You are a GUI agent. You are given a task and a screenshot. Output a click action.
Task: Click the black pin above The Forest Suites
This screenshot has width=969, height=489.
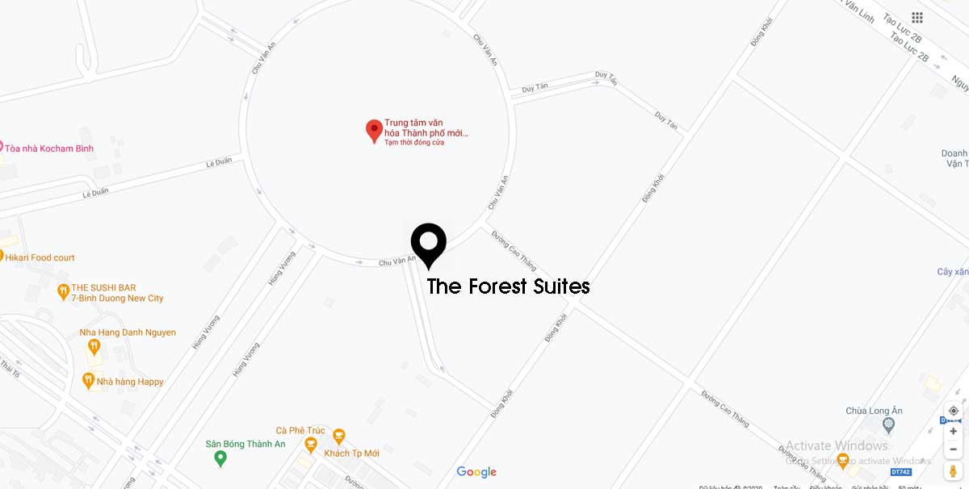click(428, 242)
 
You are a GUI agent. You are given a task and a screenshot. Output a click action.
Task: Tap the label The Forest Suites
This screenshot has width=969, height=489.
click(508, 286)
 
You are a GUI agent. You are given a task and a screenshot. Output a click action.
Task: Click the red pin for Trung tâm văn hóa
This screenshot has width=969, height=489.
click(374, 130)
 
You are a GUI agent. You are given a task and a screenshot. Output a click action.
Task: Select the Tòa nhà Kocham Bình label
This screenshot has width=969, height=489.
click(49, 148)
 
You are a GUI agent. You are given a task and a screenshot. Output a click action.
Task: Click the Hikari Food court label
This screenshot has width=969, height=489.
click(40, 257)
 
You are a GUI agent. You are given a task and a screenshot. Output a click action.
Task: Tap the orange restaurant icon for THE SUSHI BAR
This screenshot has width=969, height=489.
click(63, 292)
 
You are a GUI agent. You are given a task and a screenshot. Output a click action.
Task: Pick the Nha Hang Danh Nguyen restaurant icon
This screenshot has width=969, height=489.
click(94, 347)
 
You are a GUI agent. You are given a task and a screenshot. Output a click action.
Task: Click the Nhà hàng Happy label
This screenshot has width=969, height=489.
click(129, 382)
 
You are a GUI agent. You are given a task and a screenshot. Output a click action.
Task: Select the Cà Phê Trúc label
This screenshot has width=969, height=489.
click(300, 430)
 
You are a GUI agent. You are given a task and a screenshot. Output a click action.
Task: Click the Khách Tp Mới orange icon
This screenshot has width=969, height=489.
click(338, 437)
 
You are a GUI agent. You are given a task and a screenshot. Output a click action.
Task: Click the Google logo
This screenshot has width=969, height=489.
click(476, 472)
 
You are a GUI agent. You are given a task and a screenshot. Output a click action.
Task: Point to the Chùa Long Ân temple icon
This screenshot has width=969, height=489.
click(889, 424)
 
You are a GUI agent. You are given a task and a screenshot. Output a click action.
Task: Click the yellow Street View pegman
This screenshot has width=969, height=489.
click(954, 470)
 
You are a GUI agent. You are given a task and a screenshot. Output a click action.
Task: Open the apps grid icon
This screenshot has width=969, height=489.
click(917, 18)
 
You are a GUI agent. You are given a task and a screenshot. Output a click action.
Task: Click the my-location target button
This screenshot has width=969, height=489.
click(954, 412)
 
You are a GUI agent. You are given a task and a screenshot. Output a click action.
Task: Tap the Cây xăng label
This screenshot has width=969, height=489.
click(953, 272)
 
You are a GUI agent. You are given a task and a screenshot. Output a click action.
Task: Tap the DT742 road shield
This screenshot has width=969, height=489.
click(900, 471)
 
